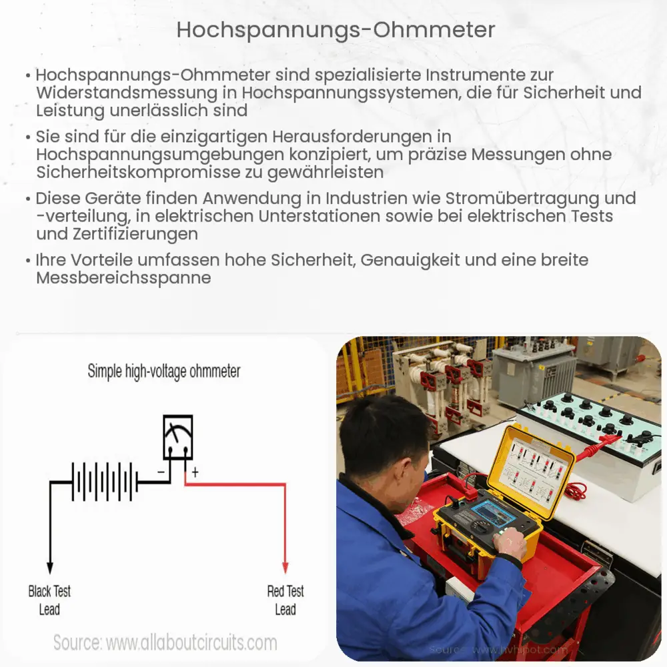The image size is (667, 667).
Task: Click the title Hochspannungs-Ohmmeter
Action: pos(336,29)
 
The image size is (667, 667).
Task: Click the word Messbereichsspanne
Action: pos(123,277)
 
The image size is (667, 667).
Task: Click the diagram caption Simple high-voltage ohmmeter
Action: pos(164,372)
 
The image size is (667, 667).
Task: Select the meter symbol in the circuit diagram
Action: pos(178,437)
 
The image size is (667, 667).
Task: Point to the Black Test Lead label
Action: pos(49,600)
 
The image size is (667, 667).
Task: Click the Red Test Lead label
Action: pos(285,600)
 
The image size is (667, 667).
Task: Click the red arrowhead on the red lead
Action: pos(285,568)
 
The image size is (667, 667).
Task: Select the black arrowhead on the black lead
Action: pos(49,568)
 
